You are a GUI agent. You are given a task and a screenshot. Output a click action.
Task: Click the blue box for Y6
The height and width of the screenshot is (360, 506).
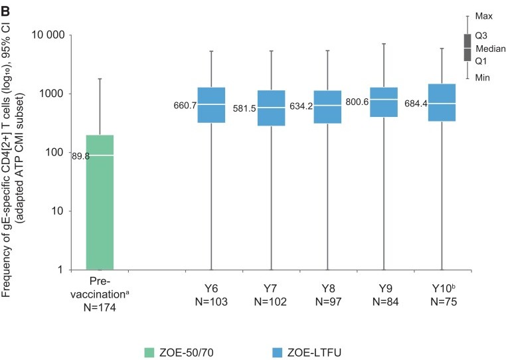click(x=211, y=105)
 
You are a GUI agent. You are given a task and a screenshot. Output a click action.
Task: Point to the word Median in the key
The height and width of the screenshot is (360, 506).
click(x=491, y=48)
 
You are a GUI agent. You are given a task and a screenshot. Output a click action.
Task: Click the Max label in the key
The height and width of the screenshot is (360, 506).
click(x=485, y=16)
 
